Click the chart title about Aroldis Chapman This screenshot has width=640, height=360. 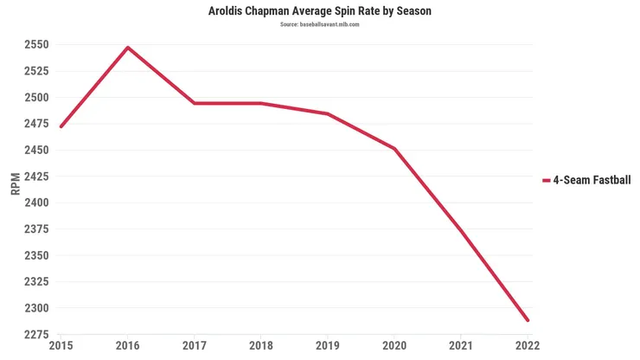(319, 11)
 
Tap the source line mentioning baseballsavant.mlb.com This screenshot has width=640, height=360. (319, 24)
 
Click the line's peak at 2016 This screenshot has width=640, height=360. (128, 48)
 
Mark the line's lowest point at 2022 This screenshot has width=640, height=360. (527, 320)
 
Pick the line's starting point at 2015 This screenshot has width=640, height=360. (61, 126)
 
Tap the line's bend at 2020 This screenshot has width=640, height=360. (394, 149)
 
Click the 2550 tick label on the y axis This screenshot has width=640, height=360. (35, 44)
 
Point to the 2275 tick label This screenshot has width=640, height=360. (35, 334)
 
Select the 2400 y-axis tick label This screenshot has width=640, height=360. (35, 202)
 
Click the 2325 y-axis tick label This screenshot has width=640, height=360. (35, 281)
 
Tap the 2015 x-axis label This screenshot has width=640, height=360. (61, 346)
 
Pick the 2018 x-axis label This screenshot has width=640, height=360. (261, 346)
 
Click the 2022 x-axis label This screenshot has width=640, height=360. (527, 346)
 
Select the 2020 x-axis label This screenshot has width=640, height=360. (394, 346)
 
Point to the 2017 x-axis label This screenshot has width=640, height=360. (195, 346)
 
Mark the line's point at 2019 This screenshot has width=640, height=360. (328, 113)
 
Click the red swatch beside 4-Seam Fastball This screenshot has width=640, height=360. (546, 180)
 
